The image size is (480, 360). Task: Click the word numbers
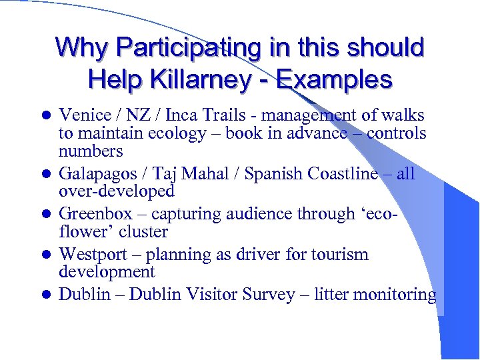pyautogui.click(x=91, y=151)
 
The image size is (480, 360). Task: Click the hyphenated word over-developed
pyautogui.click(x=117, y=191)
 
